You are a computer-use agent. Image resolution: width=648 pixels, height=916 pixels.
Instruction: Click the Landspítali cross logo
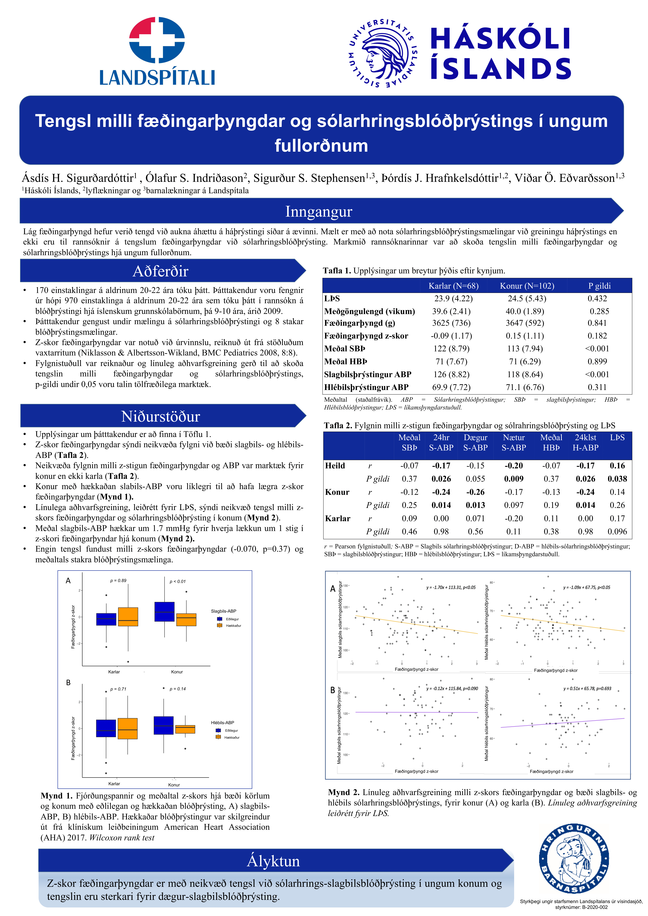click(x=157, y=40)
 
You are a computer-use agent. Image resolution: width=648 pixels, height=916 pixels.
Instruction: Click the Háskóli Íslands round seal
click(x=382, y=53)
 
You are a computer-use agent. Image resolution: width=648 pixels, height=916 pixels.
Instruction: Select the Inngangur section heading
click(x=318, y=211)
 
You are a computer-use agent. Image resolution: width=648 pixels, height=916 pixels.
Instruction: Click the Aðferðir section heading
click(x=160, y=271)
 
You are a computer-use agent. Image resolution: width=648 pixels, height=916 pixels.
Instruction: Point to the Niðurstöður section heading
click(x=160, y=416)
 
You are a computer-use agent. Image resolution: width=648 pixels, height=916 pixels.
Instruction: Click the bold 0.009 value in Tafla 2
click(x=514, y=479)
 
